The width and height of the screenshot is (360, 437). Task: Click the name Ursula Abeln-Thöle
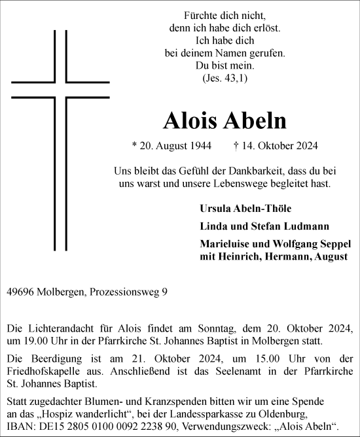(x=245, y=208)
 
